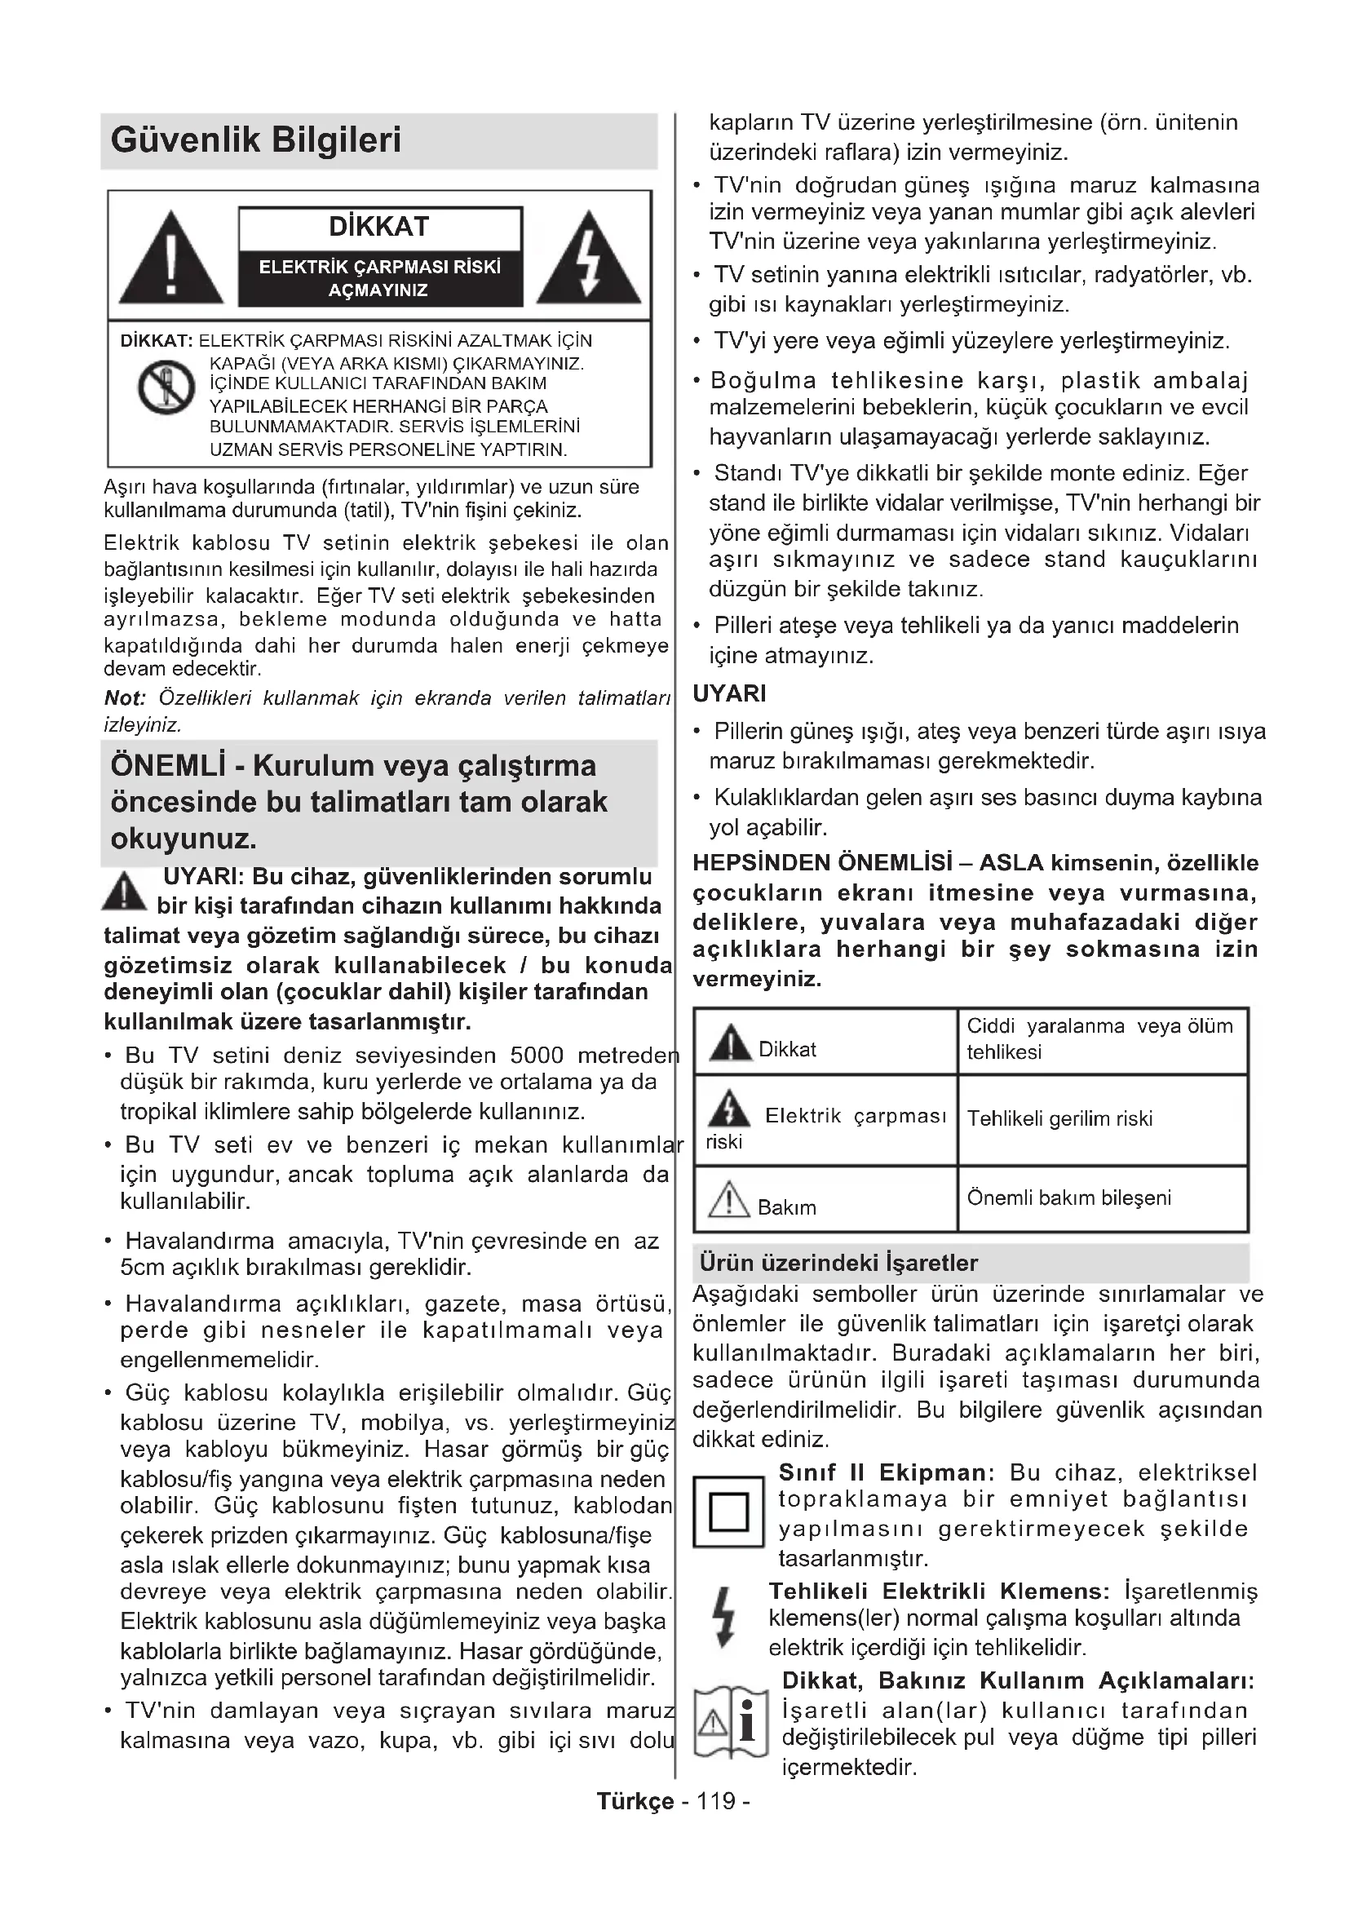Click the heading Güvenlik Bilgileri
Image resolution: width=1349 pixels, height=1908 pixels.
coord(256,140)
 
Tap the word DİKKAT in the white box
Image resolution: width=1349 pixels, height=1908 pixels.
coord(378,227)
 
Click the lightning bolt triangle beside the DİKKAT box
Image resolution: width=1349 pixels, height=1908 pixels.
coord(588,259)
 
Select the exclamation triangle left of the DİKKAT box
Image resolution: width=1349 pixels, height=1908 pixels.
coord(171,259)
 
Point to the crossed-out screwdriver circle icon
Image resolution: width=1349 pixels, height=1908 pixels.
coord(166,387)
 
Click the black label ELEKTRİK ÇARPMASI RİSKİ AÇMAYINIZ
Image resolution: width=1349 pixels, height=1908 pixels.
coord(379,278)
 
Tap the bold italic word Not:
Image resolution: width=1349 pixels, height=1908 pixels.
coord(125,698)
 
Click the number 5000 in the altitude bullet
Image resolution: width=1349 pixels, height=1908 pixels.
coord(537,1056)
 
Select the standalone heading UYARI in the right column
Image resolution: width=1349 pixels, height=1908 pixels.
coord(729,694)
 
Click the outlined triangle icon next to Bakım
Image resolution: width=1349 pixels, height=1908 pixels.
coord(729,1201)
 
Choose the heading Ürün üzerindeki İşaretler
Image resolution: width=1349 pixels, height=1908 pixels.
coord(838,1263)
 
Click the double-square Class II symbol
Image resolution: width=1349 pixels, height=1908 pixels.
coord(728,1512)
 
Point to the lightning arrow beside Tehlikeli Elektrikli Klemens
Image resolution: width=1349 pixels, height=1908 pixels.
coord(725,1616)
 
